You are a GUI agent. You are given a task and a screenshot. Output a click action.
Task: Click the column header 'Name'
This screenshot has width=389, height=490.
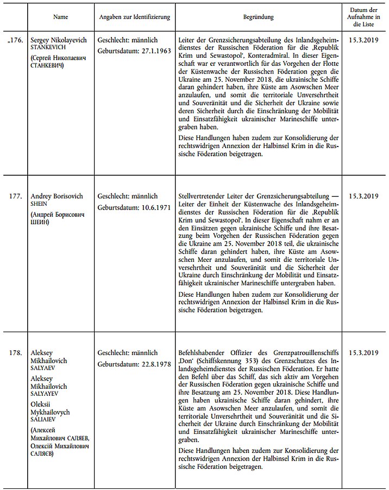[x=60, y=17]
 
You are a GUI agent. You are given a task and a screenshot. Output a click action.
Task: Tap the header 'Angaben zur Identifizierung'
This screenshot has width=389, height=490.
[x=134, y=17]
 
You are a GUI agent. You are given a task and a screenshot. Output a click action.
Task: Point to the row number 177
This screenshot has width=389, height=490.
[x=17, y=196]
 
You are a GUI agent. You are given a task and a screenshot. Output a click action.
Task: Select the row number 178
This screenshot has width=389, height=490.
[x=17, y=353]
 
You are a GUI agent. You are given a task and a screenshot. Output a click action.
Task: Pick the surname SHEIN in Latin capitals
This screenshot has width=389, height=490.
[x=39, y=204]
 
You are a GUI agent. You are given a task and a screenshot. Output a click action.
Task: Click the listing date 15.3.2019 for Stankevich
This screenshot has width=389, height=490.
[x=363, y=40]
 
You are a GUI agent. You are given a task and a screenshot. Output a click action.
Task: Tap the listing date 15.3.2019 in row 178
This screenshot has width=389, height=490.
[x=363, y=353]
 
